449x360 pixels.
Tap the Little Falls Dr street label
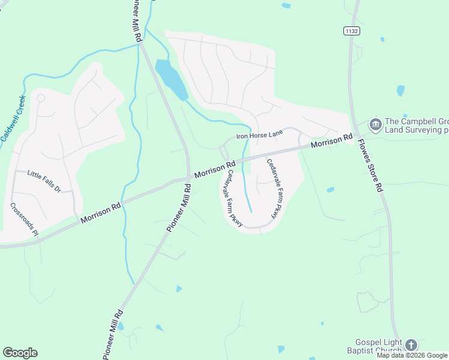(44, 181)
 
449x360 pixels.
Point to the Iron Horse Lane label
(259, 136)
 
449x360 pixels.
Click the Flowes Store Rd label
(370, 166)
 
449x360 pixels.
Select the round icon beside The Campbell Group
(376, 125)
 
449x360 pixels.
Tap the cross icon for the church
(411, 344)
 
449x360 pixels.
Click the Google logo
(20, 353)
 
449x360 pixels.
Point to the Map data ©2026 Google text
(412, 355)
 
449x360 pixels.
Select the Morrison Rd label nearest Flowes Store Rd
(331, 142)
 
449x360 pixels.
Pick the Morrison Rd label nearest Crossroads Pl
(101, 213)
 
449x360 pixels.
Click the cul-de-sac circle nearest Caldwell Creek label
(41, 98)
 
